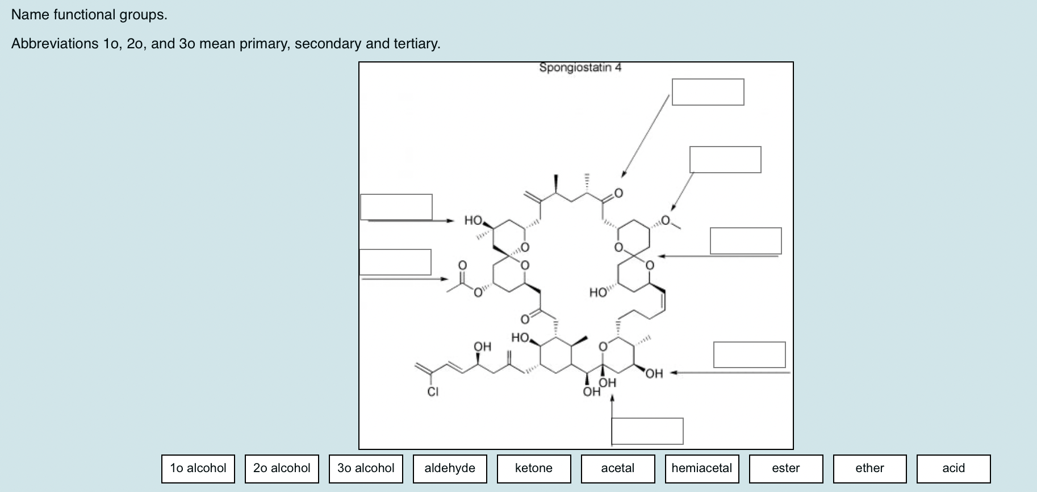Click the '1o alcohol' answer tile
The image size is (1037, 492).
point(198,468)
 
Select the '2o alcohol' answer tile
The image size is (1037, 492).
point(282,468)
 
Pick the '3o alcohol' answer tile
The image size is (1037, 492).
point(366,468)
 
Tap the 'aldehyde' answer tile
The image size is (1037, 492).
point(450,468)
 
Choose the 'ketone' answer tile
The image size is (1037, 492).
point(534,468)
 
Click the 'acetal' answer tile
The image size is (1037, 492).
point(618,468)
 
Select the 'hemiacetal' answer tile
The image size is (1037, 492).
point(702,468)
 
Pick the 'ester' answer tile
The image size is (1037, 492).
point(786,468)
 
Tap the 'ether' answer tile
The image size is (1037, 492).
point(869,468)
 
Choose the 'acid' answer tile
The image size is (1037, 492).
point(954,468)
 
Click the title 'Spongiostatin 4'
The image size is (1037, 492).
point(580,68)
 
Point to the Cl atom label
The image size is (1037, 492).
point(433,391)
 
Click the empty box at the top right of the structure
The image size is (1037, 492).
point(708,92)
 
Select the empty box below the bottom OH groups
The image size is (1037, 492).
point(647,431)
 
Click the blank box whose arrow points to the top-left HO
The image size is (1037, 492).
point(396,207)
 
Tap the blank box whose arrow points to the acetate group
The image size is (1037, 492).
point(395,262)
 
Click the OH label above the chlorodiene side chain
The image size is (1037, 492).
point(482,346)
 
